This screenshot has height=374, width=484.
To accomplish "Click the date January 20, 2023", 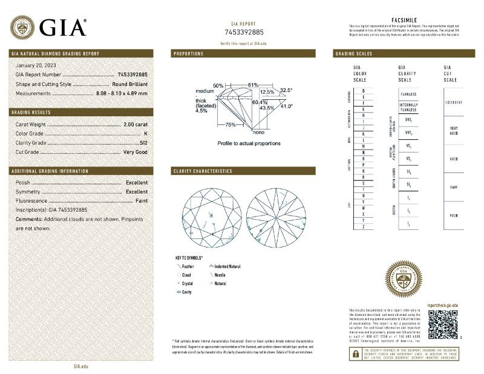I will [x=36, y=65].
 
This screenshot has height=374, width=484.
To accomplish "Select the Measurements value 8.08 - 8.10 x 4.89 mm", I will [x=122, y=93].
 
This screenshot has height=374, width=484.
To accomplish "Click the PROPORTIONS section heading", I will [x=188, y=54].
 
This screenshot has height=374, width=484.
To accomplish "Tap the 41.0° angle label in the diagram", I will [x=285, y=107].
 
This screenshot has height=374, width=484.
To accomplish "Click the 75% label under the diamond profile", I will [x=231, y=125].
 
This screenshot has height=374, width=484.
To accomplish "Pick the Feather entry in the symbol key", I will [x=189, y=266].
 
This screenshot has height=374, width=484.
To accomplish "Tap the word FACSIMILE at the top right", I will [x=405, y=20].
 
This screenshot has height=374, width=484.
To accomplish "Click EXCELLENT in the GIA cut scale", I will [x=454, y=102].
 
